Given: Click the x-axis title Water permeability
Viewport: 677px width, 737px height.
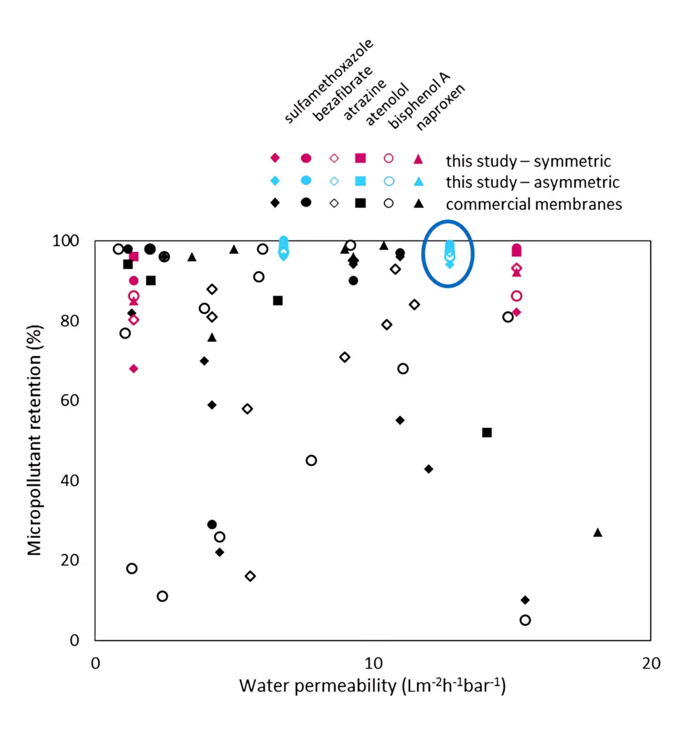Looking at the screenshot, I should point(372,686).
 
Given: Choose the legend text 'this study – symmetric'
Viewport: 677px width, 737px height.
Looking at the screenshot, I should point(528,161).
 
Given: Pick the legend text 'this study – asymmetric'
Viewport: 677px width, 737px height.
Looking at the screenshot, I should point(532,182).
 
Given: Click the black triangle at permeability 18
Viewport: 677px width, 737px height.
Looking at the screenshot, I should point(597,532).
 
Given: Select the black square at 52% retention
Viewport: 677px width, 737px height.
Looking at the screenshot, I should point(487,432).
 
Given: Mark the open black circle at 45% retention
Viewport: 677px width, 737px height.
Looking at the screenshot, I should point(311,461).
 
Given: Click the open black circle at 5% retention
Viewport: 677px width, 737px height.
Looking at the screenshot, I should point(525,620).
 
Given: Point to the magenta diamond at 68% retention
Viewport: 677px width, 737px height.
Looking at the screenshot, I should point(133,368).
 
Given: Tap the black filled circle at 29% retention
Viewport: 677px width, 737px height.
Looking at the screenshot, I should point(212,524).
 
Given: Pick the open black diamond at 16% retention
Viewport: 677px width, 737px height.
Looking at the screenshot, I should point(250,576).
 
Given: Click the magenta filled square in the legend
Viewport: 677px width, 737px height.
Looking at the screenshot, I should point(360,159).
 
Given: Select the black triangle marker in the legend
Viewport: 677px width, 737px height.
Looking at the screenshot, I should point(418,203).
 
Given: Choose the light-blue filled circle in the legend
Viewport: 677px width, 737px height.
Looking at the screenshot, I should point(305,180).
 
